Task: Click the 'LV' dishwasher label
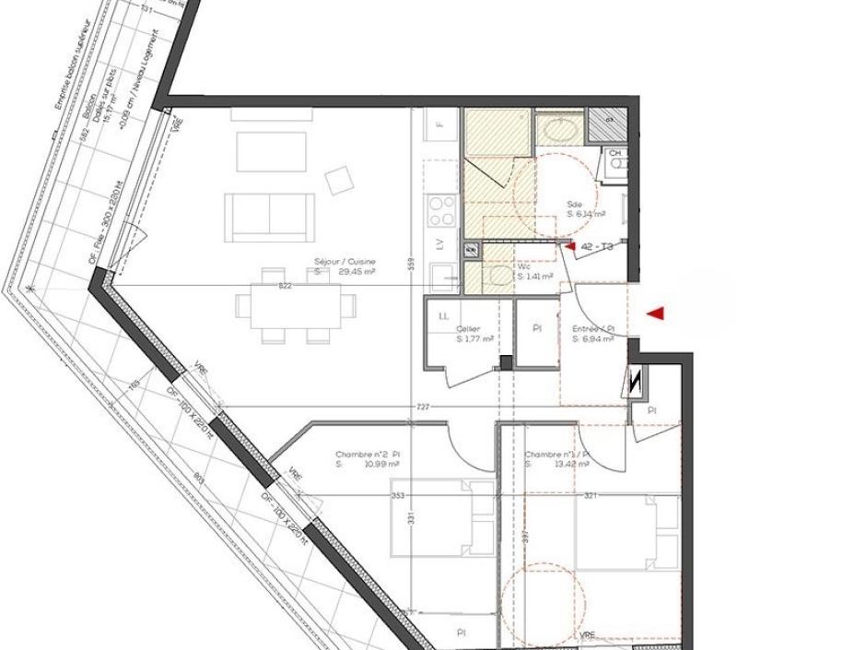pyautogui.click(x=440, y=244)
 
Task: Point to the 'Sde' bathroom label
pyautogui.click(x=575, y=204)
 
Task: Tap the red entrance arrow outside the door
pyautogui.click(x=655, y=314)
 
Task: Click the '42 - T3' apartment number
pyautogui.click(x=597, y=246)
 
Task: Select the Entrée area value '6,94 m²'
pyautogui.click(x=593, y=339)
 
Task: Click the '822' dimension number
pyautogui.click(x=285, y=287)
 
